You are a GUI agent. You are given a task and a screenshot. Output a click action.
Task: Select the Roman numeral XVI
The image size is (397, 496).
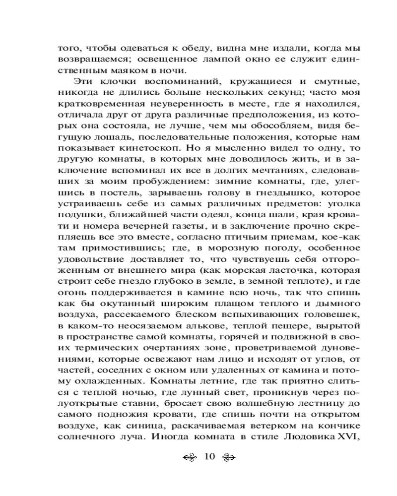343,437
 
